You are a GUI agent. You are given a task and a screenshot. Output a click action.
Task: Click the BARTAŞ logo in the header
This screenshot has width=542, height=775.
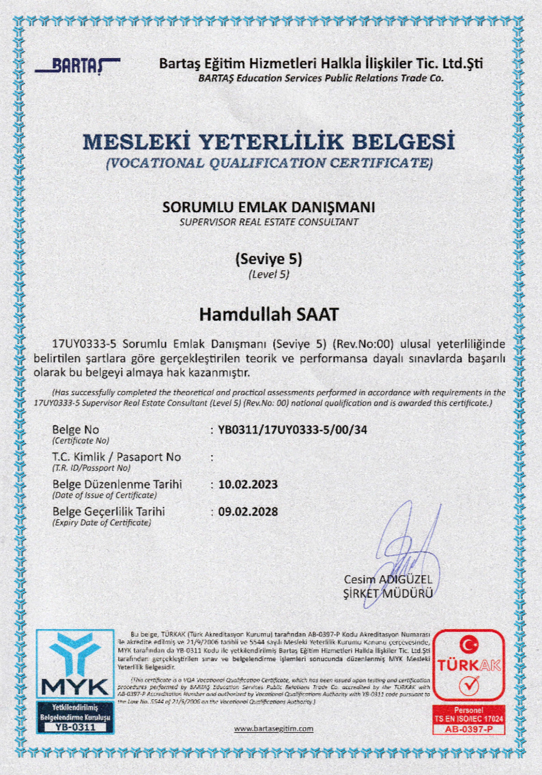coord(76,66)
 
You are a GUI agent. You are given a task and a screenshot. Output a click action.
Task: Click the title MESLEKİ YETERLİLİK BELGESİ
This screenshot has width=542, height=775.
coord(268,143)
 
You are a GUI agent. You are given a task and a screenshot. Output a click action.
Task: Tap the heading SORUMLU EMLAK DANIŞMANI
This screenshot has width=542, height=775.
coord(269,207)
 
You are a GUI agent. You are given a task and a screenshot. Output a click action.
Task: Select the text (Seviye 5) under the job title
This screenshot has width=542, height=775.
coord(268,259)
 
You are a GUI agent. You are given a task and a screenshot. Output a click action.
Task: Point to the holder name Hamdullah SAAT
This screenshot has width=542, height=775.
coord(268,315)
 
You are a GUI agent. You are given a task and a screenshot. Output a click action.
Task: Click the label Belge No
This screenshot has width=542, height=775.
coord(75,430)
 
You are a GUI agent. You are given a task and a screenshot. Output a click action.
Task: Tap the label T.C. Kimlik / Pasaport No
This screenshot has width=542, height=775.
coord(116,457)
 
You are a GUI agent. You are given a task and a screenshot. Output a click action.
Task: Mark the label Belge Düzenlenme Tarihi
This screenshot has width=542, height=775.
coord(117,484)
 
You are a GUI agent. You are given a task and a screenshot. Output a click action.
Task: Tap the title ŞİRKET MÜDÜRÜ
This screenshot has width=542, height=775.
coord(388,593)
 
